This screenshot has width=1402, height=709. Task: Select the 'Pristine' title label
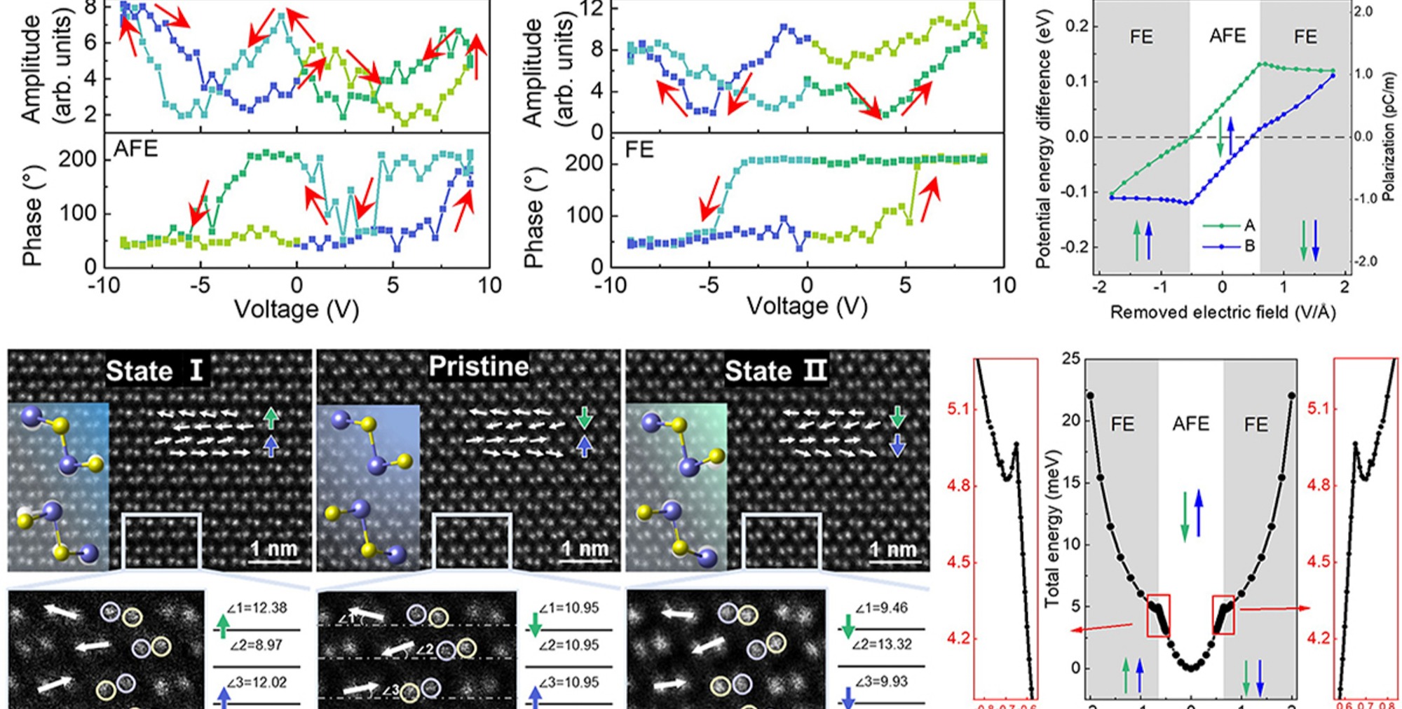[479, 366]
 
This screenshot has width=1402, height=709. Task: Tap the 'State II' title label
[775, 370]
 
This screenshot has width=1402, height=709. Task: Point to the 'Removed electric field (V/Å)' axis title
[1223, 312]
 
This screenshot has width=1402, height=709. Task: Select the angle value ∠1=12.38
[257, 608]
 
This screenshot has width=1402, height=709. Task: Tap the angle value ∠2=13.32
[883, 644]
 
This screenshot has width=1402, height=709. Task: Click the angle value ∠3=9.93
[881, 681]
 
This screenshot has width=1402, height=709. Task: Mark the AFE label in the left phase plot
[135, 149]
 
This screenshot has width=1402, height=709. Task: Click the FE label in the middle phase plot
[639, 149]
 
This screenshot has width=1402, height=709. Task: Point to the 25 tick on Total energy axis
[1071, 359]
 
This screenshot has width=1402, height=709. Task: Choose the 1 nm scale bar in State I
[274, 551]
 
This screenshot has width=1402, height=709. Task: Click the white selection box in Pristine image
[472, 540]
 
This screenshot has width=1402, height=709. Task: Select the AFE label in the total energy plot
[1190, 424]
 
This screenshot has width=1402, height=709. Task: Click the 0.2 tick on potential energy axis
[1077, 26]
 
